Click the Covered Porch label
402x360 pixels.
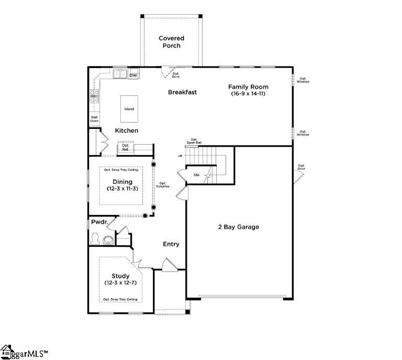171,42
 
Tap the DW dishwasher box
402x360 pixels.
133,75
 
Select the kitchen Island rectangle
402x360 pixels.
129,109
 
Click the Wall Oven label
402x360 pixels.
94,119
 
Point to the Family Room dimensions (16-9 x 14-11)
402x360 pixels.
249,94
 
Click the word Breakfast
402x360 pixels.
182,92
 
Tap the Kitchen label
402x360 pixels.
127,130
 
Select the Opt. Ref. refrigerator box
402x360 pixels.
126,148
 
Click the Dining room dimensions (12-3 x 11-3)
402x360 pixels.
122,189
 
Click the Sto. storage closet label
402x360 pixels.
197,174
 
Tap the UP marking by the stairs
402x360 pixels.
180,156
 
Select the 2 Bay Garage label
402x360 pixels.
239,227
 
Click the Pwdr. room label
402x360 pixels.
99,223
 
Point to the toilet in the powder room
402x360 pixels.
95,239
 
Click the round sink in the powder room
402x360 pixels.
109,241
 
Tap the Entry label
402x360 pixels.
171,244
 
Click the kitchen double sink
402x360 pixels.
119,74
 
